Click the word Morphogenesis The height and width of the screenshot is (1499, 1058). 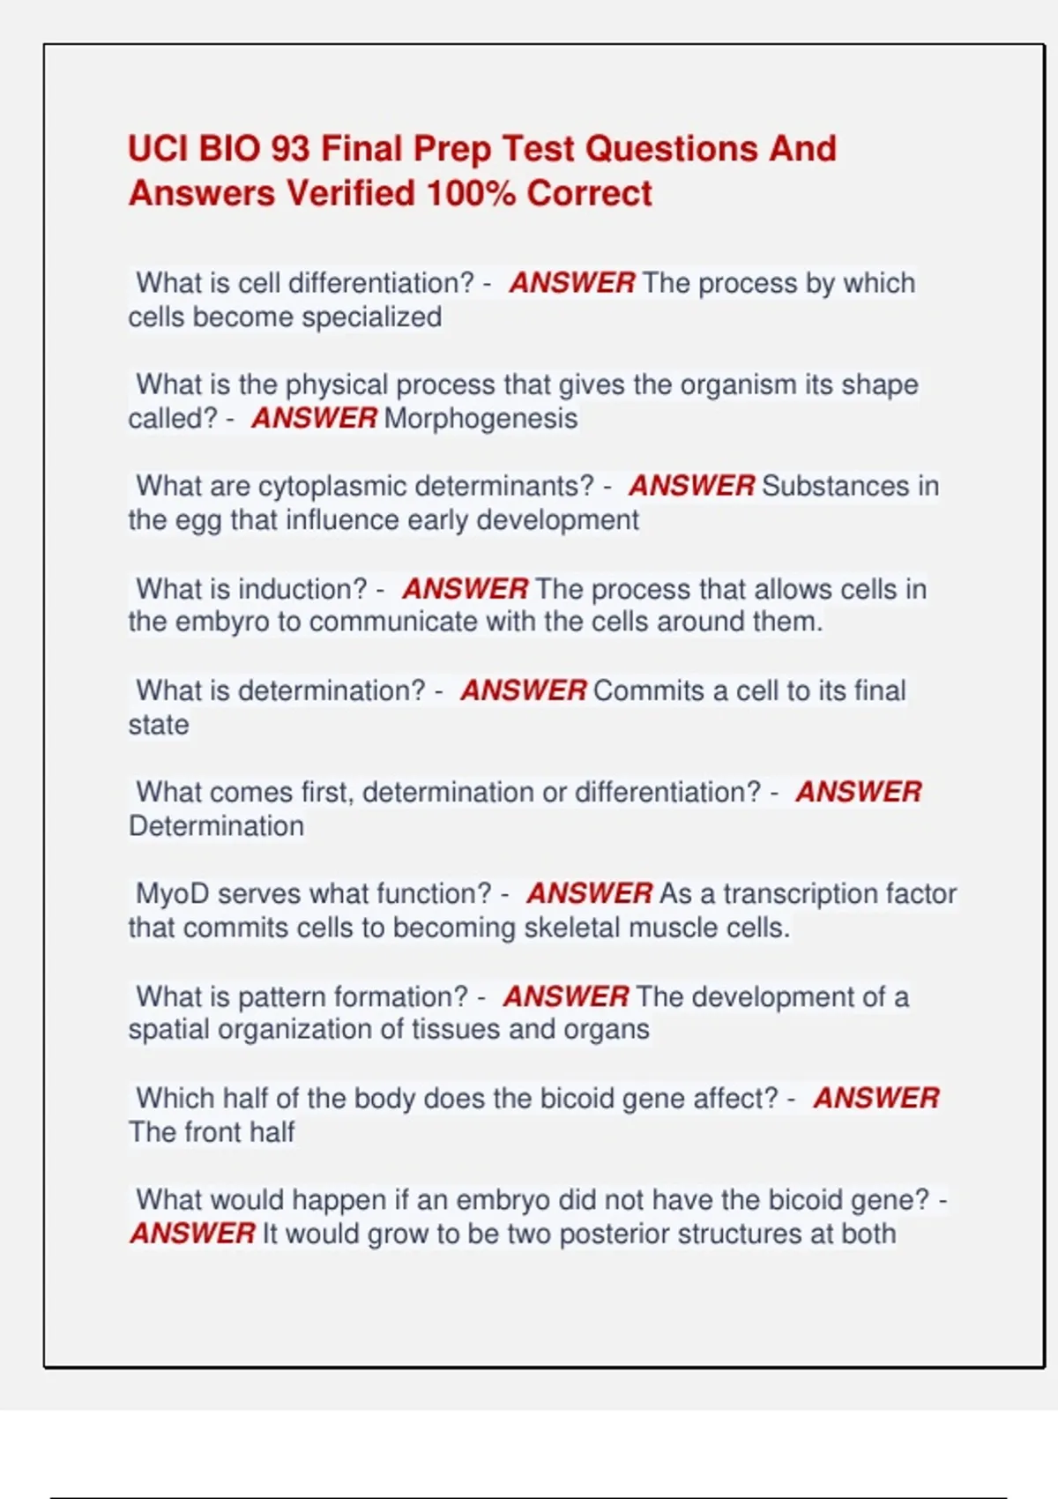tap(481, 418)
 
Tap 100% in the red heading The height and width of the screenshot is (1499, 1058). tap(471, 193)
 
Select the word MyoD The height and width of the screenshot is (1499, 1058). tap(172, 893)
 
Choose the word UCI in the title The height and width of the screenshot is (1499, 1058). tap(158, 149)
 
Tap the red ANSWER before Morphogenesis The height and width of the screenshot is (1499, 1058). tap(314, 418)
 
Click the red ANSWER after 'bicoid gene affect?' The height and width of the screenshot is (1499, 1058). tap(875, 1098)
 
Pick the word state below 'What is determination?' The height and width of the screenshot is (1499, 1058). tap(159, 725)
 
